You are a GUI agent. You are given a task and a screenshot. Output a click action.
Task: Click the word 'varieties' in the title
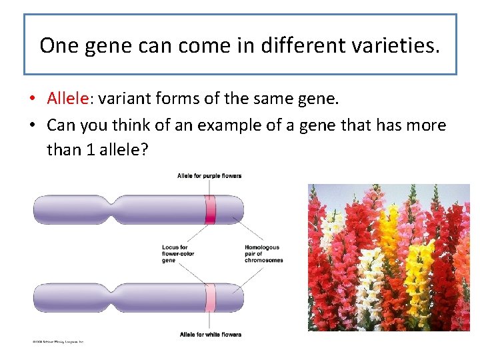point(394,45)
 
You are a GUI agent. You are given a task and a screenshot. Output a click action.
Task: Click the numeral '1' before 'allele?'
point(91,150)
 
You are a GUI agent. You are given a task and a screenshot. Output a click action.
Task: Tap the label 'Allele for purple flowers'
point(209,176)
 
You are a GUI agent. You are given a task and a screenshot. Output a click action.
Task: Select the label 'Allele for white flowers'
point(210,334)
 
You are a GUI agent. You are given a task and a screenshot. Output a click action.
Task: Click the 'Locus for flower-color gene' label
point(175,253)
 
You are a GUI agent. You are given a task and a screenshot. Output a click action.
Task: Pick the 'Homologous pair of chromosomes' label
point(263,253)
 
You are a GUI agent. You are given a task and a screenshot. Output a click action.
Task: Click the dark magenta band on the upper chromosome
point(211,209)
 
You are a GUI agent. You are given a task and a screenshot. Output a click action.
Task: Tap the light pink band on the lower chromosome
point(211,297)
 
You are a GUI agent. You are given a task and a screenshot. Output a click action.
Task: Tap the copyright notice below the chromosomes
point(58,341)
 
